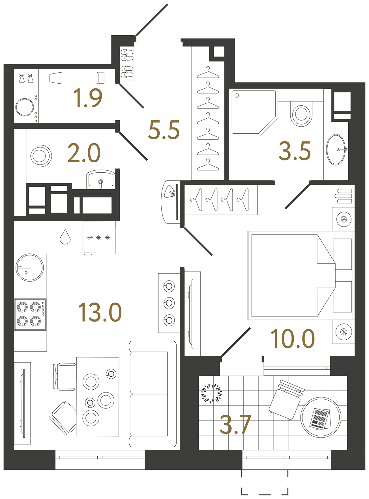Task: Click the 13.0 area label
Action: click(x=100, y=312)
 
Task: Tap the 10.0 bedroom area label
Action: click(x=293, y=339)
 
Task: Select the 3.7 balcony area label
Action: click(x=235, y=424)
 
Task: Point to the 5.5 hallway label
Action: click(x=164, y=130)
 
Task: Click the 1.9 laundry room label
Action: click(x=87, y=98)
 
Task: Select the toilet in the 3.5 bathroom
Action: click(x=301, y=114)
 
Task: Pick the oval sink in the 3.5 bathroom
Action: click(x=336, y=149)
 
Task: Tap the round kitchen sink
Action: click(x=29, y=267)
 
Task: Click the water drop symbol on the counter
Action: click(x=65, y=237)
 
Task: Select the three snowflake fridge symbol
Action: click(x=99, y=238)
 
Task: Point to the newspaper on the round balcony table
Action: click(x=320, y=419)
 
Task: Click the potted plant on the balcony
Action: click(x=211, y=393)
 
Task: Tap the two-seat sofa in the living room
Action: click(x=152, y=394)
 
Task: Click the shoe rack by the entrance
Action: click(x=127, y=64)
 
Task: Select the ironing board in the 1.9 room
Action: click(x=76, y=78)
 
